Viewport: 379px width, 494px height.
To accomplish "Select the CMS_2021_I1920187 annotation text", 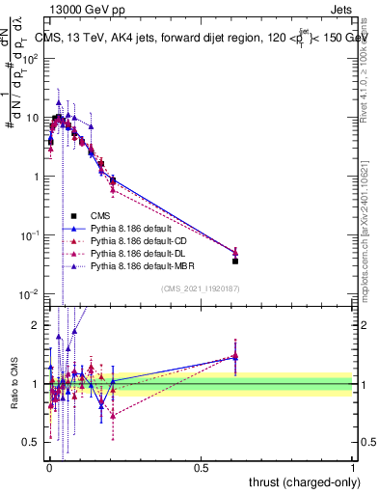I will [x=201, y=288].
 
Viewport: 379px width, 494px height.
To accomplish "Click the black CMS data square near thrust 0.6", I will [x=235, y=261].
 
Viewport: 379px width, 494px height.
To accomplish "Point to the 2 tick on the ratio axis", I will [x=36, y=325].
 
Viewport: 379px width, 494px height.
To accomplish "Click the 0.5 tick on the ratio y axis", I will [x=32, y=442].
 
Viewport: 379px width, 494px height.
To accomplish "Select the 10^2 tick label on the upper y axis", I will [x=31, y=58].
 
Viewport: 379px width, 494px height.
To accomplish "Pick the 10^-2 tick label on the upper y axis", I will [x=31, y=293].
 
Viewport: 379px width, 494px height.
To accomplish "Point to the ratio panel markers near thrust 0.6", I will [x=235, y=356].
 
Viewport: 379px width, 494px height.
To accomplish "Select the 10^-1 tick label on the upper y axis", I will [x=31, y=234].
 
